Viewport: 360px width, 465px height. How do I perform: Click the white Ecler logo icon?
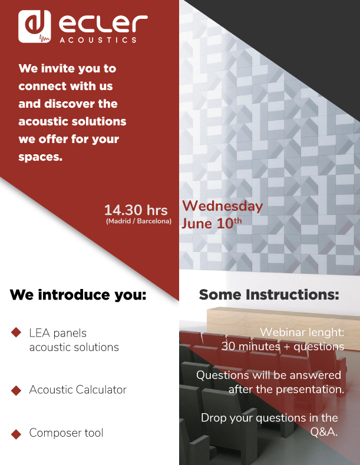(x=34, y=26)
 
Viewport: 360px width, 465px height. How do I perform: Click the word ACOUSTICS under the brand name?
(x=98, y=40)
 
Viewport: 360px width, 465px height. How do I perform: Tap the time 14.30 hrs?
(x=136, y=210)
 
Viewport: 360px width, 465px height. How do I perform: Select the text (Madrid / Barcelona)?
(x=138, y=221)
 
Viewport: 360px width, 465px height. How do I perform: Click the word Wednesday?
(x=222, y=206)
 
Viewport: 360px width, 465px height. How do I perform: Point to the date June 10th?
(x=212, y=223)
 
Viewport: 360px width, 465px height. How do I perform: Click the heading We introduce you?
(x=78, y=295)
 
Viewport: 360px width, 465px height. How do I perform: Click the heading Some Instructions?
(x=269, y=294)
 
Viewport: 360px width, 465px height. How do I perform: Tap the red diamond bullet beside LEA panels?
(x=16, y=332)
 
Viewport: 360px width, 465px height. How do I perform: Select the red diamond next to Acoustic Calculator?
(x=16, y=390)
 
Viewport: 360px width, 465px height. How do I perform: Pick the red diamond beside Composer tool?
(x=16, y=434)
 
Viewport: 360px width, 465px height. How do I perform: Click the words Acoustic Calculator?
(x=78, y=390)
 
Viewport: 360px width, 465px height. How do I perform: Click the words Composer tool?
(x=66, y=433)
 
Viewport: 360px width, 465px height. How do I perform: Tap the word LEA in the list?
(x=39, y=333)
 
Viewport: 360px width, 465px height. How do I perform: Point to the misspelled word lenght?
(x=326, y=333)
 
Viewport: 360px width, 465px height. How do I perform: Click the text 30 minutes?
(x=251, y=346)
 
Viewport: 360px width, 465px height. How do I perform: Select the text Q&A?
(x=324, y=432)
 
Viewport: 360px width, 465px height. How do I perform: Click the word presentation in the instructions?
(x=310, y=390)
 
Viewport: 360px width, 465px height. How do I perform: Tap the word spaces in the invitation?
(x=41, y=157)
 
